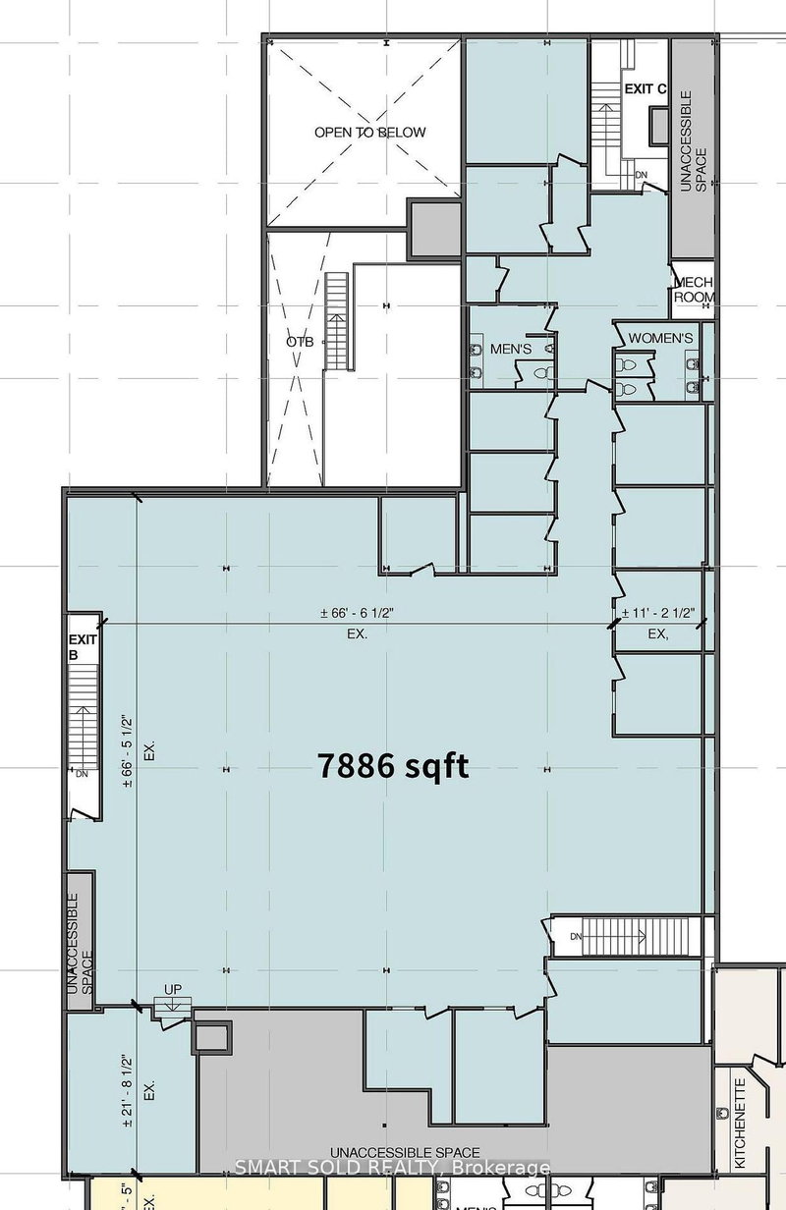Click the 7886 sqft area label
click(392, 765)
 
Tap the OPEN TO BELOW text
click(370, 132)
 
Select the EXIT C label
click(646, 89)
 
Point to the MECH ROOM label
click(694, 290)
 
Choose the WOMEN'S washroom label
click(660, 339)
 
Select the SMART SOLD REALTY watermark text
click(392, 1168)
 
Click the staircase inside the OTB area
click(336, 322)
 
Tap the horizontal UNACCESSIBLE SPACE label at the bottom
click(405, 1152)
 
